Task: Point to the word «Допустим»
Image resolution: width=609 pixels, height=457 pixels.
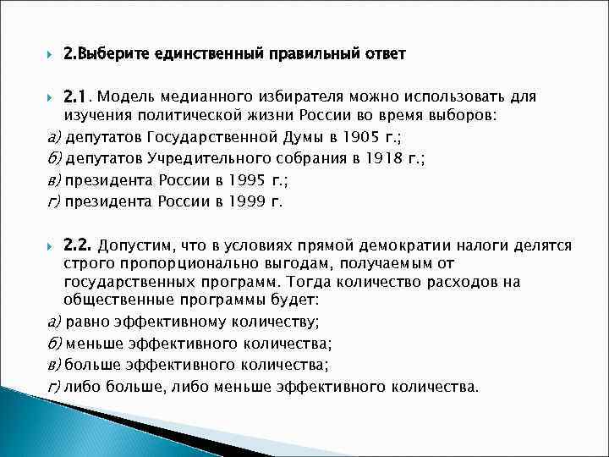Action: tap(135, 246)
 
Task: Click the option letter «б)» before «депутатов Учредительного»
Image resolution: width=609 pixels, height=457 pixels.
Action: tap(52, 158)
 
